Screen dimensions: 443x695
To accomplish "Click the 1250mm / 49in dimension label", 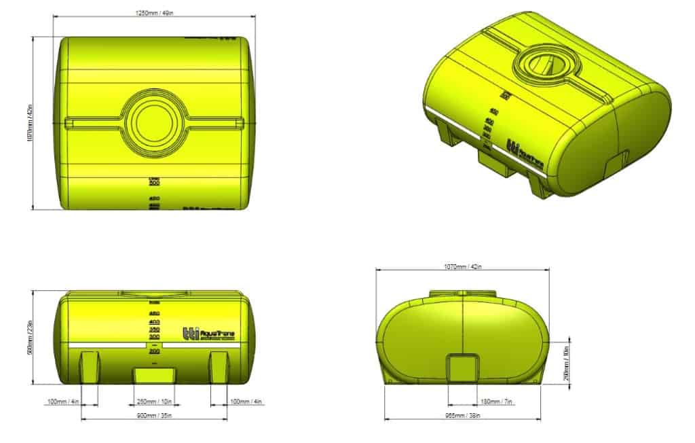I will point(155,13).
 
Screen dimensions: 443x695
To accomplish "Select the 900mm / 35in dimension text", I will point(154,414).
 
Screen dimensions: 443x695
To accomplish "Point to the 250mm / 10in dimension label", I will point(154,402).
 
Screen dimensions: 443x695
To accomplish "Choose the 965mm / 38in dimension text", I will point(463,414).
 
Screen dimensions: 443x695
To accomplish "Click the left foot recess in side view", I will point(90,367).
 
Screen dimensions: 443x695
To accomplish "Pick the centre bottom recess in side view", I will point(154,374).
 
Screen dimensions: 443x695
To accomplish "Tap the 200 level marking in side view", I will point(154,351).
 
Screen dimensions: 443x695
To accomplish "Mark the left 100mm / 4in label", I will point(64,402).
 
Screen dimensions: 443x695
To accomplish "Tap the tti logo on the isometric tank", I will point(513,147).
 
